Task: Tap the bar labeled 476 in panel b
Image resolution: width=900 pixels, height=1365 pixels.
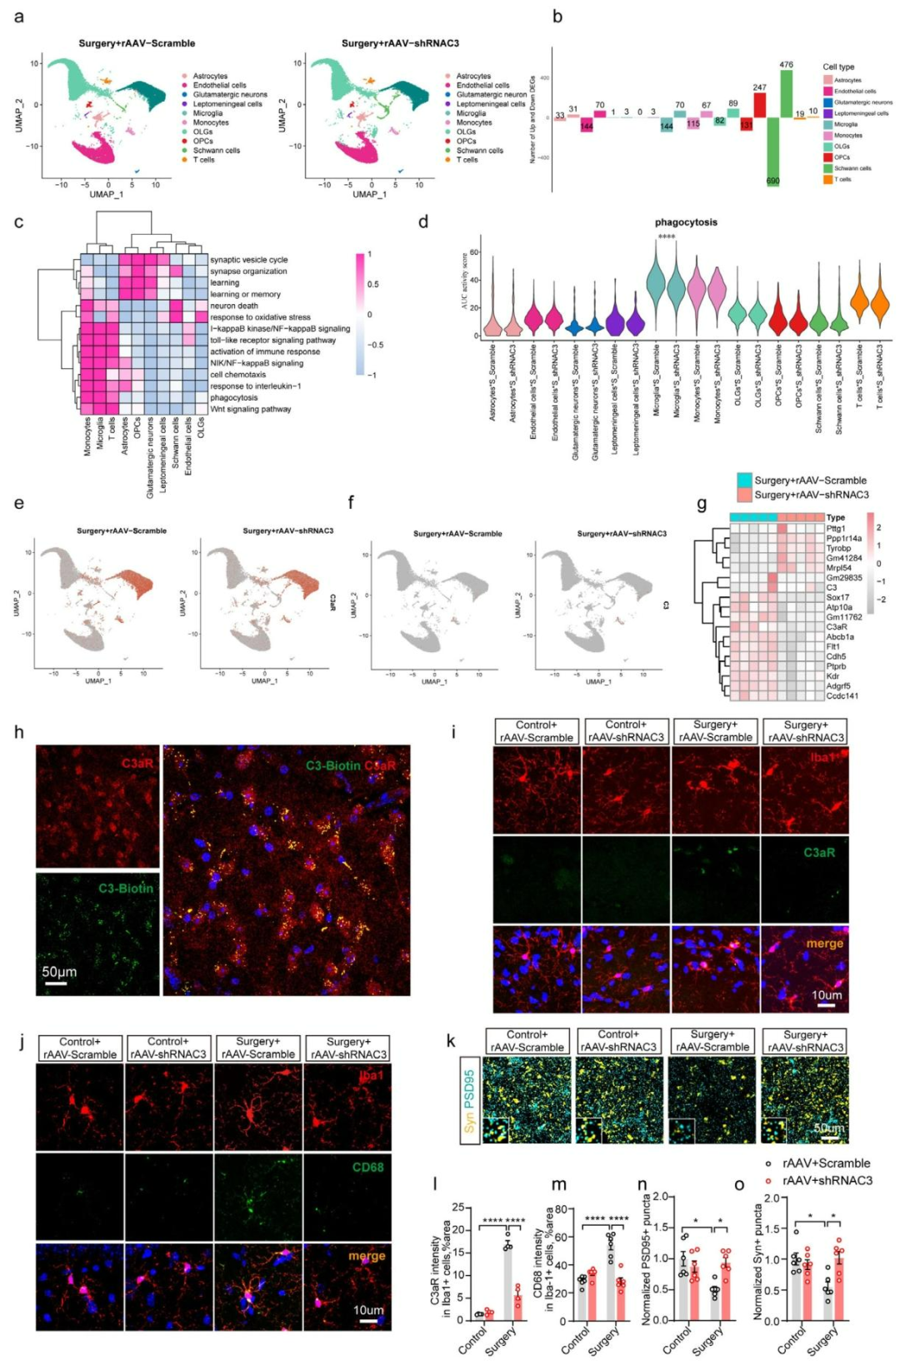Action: (786, 93)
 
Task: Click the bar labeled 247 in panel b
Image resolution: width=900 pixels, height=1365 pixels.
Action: (759, 105)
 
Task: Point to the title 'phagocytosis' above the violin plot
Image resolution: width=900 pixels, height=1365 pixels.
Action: (686, 222)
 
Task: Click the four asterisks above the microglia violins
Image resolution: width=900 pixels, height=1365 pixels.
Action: (667, 237)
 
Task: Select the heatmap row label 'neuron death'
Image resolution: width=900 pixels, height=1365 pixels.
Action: (234, 306)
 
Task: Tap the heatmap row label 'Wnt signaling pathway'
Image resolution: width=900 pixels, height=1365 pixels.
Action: (250, 409)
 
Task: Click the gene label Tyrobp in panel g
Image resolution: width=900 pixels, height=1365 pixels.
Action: (838, 548)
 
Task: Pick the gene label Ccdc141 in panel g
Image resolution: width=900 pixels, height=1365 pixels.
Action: (842, 695)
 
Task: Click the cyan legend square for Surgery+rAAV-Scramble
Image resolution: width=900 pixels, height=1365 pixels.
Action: (744, 481)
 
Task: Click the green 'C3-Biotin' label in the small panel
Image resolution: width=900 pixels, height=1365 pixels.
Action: (126, 888)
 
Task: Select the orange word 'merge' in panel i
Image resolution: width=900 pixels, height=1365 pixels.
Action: (824, 943)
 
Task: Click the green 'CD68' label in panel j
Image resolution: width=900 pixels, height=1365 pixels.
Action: (367, 1167)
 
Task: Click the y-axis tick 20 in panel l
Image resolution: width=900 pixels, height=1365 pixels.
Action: (457, 1229)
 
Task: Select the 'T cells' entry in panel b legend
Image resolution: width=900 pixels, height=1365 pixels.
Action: (843, 179)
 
